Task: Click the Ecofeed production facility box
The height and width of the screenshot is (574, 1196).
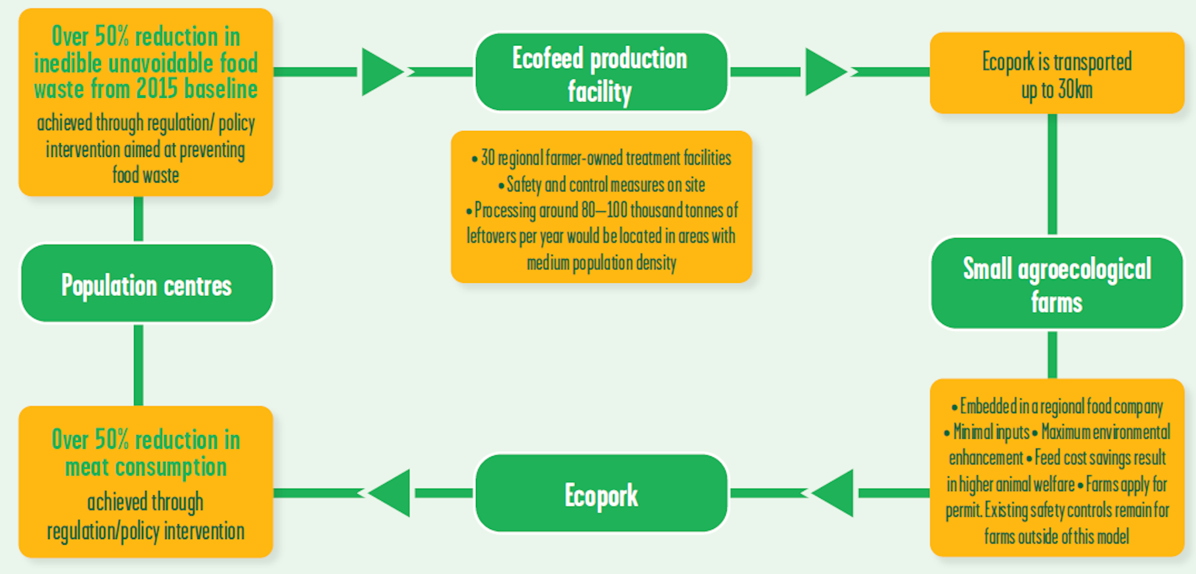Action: pos(600,72)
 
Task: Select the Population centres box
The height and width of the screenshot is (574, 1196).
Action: pos(146,284)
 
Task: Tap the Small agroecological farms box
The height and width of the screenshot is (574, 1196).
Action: pos(1056,284)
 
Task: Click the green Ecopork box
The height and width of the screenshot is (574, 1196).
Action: pos(600,494)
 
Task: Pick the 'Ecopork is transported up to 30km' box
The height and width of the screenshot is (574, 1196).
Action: pos(1056,74)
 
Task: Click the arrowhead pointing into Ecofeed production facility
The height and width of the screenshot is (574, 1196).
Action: pos(381,72)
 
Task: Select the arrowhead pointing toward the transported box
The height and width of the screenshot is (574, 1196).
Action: pos(825,72)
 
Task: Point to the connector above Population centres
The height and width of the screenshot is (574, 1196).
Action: pos(138,219)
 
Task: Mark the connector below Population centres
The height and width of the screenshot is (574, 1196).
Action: pos(138,365)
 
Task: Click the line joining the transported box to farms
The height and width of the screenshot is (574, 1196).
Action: pos(1052,174)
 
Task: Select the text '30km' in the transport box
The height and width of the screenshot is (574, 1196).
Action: pos(1075,90)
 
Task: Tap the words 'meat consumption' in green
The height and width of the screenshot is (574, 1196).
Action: pos(146,467)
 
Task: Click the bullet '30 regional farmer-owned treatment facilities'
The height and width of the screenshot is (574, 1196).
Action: pos(602,158)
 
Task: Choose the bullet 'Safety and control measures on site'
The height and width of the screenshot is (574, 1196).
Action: pos(602,184)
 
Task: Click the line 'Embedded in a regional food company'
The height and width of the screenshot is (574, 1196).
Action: pos(1056,406)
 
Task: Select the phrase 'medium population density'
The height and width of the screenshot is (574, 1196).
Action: pos(602,263)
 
